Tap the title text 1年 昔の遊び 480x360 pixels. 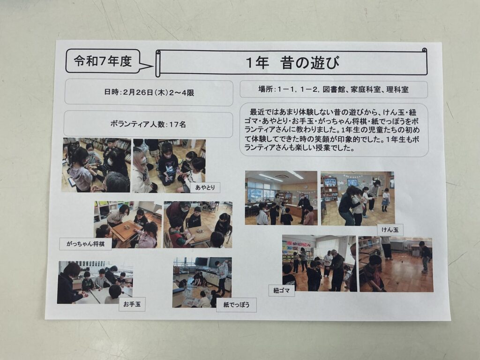[292, 63]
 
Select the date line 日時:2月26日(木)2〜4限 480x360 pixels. [149, 92]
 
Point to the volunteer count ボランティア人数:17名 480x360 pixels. [148, 124]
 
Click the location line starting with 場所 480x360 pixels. [333, 90]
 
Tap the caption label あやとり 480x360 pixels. [205, 187]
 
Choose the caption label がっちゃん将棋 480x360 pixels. [85, 244]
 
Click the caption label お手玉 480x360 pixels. [132, 305]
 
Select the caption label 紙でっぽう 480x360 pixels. [236, 305]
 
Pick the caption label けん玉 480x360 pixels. [390, 230]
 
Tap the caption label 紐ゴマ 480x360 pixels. [282, 291]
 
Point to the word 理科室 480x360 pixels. [397, 90]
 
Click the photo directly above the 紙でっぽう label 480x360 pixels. [202, 282]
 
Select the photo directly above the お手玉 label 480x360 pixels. [95, 282]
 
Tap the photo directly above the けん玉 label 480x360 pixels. [358, 198]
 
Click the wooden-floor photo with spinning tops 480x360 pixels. [396, 264]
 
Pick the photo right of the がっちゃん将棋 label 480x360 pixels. [128, 225]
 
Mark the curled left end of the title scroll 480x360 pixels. [158, 64]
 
